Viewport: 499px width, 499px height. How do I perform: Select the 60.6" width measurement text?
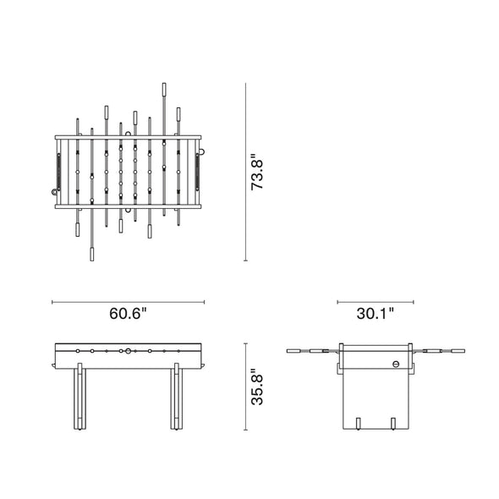coord(128,314)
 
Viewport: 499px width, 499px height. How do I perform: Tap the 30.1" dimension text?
coord(376,314)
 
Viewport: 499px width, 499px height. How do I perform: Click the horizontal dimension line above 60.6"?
coord(128,300)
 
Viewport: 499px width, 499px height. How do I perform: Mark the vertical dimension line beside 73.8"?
coord(245,172)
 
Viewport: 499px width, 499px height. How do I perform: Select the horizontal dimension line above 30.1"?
coord(376,300)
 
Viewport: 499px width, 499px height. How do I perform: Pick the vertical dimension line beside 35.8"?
coord(245,387)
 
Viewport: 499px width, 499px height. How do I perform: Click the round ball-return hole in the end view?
coord(395,363)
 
